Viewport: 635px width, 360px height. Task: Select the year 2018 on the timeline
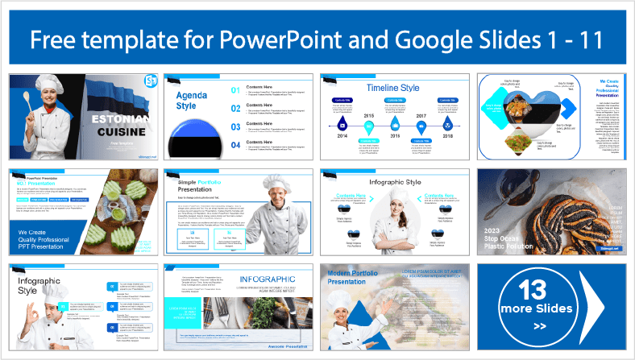pos(447,138)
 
